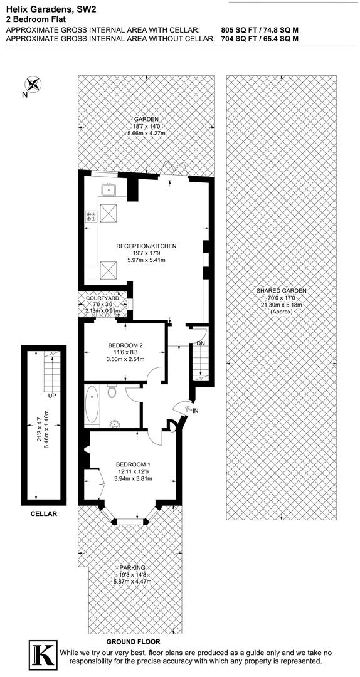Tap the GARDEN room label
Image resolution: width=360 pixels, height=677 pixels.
point(146,119)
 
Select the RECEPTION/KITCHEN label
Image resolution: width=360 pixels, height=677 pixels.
point(146,246)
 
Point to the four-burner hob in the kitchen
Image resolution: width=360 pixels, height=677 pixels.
point(92,217)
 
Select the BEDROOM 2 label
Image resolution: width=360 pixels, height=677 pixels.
point(125,345)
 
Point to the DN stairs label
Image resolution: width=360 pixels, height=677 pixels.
point(201,344)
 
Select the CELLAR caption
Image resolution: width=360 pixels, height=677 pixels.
point(43,513)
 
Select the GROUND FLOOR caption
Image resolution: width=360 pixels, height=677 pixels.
point(132,641)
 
